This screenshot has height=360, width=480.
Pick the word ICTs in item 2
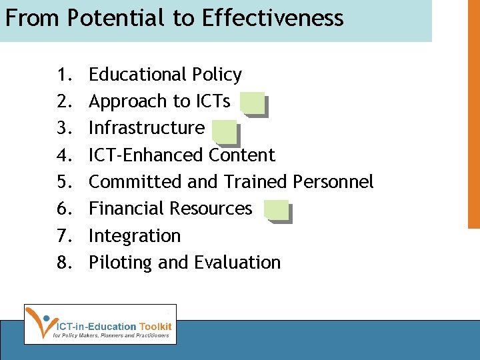[213, 101]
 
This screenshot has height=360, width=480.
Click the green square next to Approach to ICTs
[252, 103]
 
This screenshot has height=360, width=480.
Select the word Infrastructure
[147, 128]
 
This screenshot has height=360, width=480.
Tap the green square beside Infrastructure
[224, 131]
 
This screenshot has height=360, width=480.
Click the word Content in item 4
[241, 155]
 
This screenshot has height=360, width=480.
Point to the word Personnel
[333, 182]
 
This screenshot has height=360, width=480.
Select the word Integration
[135, 236]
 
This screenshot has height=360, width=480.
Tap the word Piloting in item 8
[121, 263]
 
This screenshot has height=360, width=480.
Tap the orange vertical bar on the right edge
[473, 113]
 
